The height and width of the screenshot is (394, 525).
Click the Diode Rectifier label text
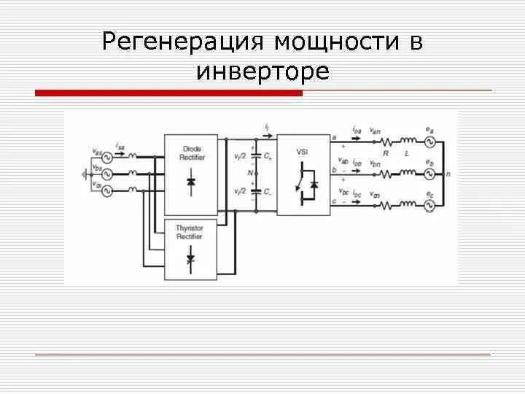[191, 153]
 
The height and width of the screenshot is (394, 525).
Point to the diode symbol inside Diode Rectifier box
[191, 182]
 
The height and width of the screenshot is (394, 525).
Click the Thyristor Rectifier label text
[190, 232]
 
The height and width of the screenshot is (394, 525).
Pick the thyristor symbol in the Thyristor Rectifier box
[191, 259]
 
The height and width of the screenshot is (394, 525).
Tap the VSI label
[303, 151]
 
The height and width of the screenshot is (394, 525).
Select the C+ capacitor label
[268, 157]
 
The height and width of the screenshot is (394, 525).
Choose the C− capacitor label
[268, 192]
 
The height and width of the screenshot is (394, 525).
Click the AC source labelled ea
[429, 142]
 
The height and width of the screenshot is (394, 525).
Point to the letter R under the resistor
[386, 153]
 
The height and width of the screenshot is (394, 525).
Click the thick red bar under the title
[168, 93]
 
